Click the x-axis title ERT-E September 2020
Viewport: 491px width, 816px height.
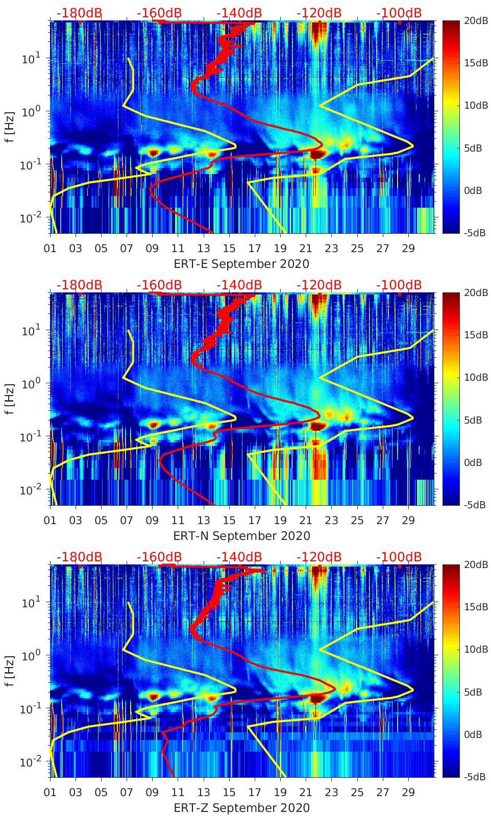[x=241, y=264]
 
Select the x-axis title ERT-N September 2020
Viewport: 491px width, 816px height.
[x=241, y=536]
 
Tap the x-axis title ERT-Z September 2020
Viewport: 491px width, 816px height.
[x=241, y=808]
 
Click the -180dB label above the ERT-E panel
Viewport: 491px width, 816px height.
[x=79, y=13]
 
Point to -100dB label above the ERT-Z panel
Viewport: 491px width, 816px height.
[x=399, y=557]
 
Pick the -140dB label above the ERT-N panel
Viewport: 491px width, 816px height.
[x=239, y=285]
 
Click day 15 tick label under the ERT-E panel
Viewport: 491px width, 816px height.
[x=229, y=249]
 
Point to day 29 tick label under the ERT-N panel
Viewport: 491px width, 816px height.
[x=408, y=521]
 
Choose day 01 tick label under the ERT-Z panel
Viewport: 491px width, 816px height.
[x=50, y=793]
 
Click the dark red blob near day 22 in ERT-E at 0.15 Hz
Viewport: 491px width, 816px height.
[x=318, y=154]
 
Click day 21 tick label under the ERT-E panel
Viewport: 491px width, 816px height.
[x=305, y=249]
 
